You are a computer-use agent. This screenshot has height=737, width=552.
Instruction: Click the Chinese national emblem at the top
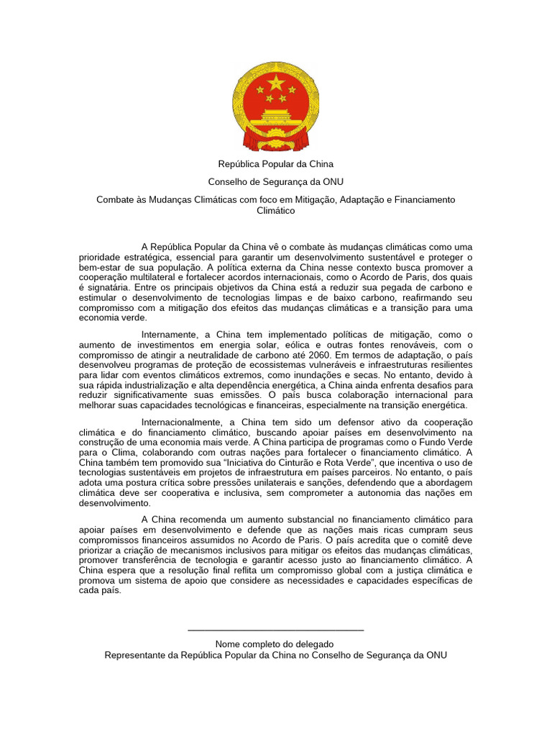tap(275, 107)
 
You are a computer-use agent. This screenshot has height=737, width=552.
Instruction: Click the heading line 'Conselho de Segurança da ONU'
tap(275, 181)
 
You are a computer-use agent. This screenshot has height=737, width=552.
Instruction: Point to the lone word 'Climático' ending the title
tap(275, 211)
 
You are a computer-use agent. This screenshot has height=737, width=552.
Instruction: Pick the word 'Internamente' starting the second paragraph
tap(170, 335)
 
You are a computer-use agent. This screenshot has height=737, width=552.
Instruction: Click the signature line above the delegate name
tap(275, 631)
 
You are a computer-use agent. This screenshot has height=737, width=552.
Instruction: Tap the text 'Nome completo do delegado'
tap(275, 643)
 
